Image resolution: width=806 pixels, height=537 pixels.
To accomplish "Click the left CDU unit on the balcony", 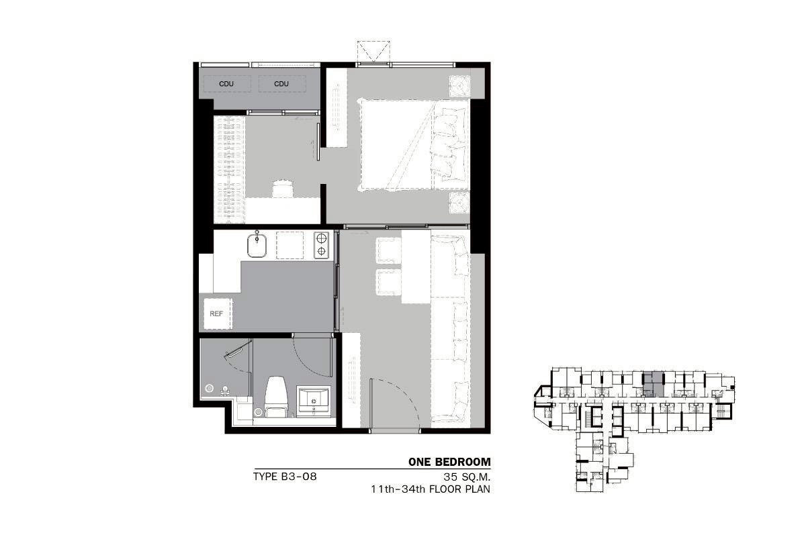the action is [227, 84].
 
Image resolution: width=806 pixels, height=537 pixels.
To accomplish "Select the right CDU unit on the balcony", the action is [282, 84].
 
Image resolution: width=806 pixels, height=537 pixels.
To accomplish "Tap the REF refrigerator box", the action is [218, 313].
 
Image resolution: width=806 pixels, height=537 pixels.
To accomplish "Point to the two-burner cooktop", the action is [321, 245].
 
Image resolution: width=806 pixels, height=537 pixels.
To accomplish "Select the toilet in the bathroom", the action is [276, 396].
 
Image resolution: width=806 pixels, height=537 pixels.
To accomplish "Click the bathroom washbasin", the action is [313, 401].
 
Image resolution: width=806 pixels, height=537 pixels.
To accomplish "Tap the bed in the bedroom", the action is [414, 144].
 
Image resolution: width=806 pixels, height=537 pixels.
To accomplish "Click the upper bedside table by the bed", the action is [459, 86].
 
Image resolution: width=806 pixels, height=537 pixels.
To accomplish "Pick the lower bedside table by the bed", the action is [459, 203].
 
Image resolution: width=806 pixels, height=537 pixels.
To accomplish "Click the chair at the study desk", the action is [283, 189].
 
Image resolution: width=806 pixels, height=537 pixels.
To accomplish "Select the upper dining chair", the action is [388, 250].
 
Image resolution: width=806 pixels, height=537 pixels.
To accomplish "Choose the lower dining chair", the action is [388, 282].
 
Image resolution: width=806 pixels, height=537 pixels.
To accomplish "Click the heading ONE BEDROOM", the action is [449, 462].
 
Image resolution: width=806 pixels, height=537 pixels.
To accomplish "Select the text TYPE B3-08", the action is [285, 477].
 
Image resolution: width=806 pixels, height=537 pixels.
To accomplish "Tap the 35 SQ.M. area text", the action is [467, 477].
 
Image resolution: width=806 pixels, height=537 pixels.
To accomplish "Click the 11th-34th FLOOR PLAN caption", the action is [431, 489].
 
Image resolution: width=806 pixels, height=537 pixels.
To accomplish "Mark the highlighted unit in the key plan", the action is [654, 385].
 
